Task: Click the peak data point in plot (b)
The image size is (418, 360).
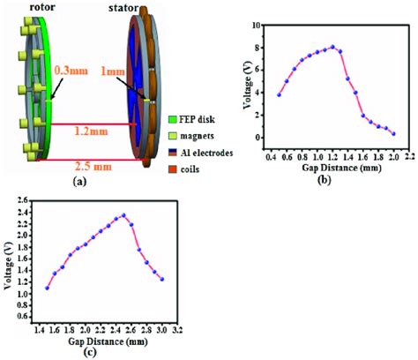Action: [332, 48]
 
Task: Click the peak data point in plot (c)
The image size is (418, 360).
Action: [123, 215]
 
